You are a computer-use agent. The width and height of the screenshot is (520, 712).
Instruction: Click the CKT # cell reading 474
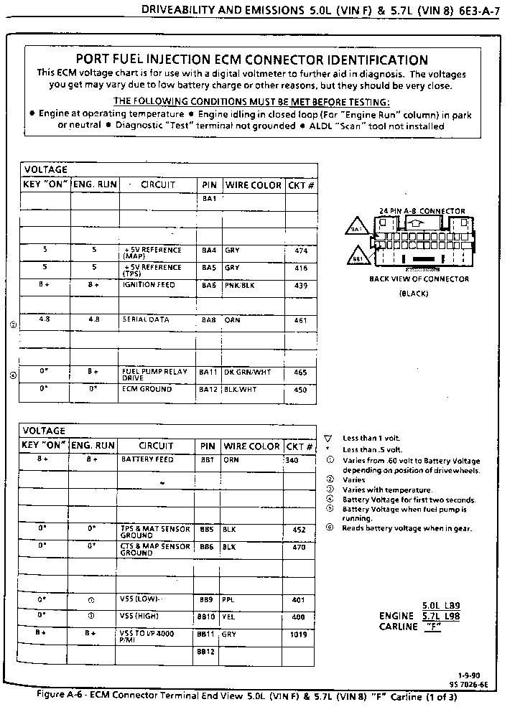point(300,250)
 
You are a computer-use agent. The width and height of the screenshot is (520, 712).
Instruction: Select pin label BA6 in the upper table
point(208,285)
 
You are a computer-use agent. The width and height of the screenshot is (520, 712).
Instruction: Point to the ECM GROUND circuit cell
point(147,389)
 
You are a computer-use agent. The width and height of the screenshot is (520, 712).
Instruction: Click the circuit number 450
point(300,390)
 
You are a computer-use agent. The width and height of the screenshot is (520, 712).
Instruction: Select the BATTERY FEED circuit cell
point(147,459)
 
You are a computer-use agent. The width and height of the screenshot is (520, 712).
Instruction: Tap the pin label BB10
point(206,617)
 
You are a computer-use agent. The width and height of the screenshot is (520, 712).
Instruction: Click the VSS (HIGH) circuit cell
point(140,616)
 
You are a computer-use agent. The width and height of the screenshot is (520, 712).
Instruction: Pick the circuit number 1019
point(299,634)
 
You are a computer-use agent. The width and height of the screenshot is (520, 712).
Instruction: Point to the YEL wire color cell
point(229,617)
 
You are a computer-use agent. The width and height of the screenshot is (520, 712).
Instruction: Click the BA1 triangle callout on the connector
point(357,229)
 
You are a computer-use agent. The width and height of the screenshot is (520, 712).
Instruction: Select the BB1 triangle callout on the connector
point(358,257)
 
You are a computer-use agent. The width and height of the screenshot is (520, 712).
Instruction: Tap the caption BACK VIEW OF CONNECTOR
point(419,279)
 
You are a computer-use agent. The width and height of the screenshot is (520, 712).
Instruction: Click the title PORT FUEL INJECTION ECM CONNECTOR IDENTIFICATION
point(251,60)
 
